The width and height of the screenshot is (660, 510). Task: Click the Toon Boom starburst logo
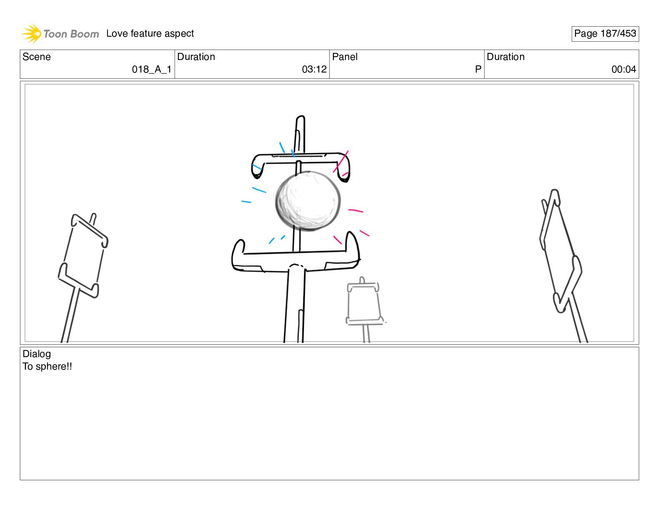[x=31, y=33]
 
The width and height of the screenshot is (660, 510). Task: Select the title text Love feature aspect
[x=150, y=33]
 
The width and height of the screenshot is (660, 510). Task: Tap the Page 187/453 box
[x=605, y=34]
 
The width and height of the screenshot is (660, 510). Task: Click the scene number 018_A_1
[x=152, y=70]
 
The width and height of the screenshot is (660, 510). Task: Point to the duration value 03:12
[x=314, y=70]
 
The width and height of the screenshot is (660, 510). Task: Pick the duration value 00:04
[x=624, y=70]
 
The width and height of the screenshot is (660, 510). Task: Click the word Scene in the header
[x=36, y=57]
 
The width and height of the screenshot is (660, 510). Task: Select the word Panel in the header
[x=345, y=57]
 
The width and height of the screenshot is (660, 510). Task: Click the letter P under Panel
[x=478, y=70]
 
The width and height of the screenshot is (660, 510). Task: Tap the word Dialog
[x=36, y=354]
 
